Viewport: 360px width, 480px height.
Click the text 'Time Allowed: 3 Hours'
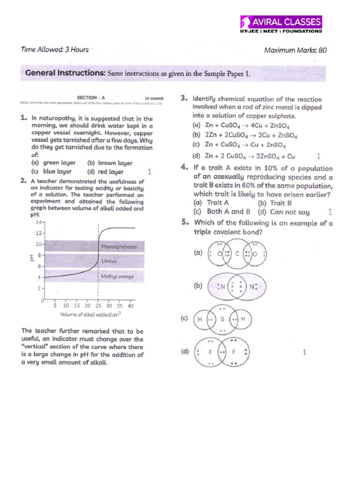[55, 50]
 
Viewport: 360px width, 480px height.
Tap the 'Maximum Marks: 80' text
[295, 50]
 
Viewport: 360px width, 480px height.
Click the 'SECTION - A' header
[90, 98]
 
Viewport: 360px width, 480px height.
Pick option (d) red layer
[105, 172]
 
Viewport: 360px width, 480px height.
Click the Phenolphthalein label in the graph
[119, 247]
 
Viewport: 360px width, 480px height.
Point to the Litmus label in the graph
[109, 261]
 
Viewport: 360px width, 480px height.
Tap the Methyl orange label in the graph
[117, 277]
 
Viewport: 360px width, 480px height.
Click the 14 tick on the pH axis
[39, 222]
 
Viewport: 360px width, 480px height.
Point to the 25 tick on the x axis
[98, 306]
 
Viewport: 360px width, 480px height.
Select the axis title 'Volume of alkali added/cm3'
[90, 314]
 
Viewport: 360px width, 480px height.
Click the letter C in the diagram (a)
[238, 254]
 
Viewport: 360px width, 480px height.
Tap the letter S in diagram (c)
[223, 319]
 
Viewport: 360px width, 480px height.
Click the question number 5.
[185, 223]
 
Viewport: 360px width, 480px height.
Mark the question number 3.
[184, 98]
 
